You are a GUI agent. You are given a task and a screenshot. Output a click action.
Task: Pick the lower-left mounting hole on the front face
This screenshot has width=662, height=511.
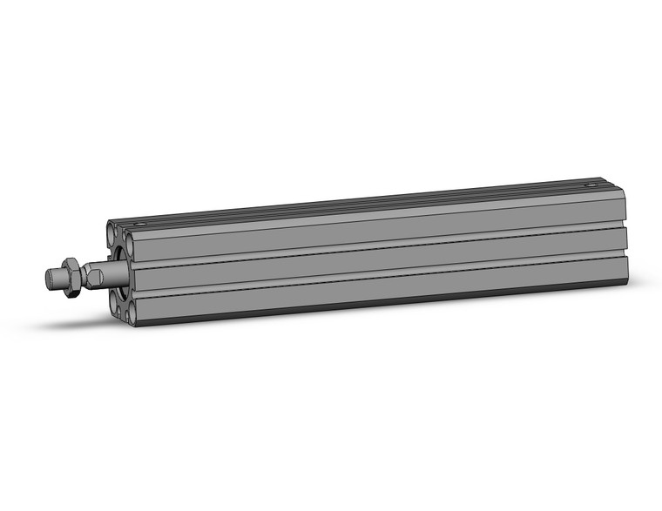(x=116, y=304)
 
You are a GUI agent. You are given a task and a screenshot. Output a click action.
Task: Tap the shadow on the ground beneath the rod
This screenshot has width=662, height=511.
(x=78, y=324)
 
